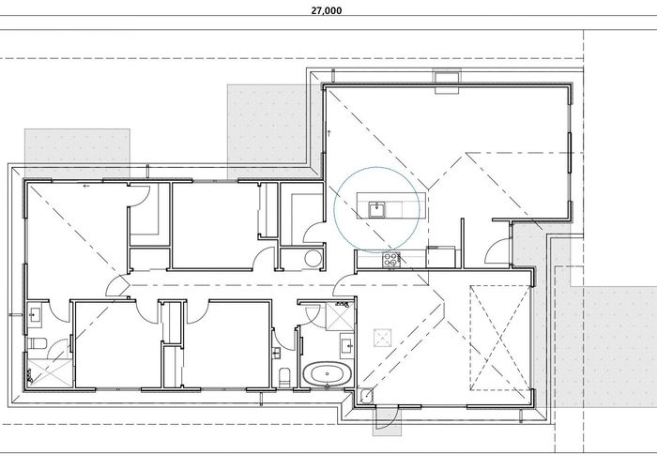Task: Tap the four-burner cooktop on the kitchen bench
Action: (x=390, y=259)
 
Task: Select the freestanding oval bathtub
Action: (x=326, y=375)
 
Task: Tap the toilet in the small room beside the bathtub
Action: (x=285, y=377)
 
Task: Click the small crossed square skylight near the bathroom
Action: (x=381, y=337)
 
